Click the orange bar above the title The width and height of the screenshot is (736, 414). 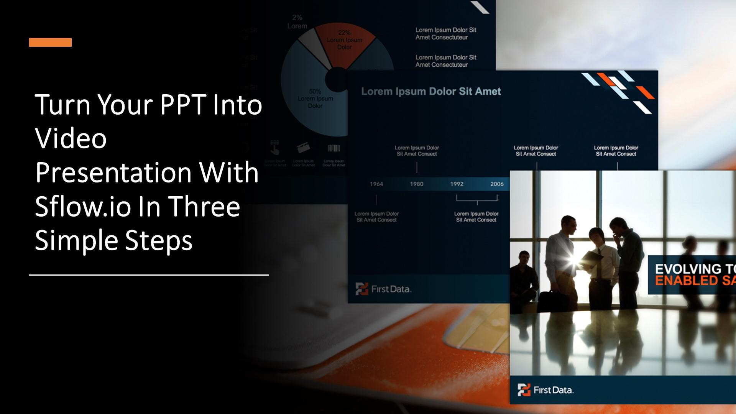[50, 42]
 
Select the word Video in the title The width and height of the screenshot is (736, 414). [71, 138]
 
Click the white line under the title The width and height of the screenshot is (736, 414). [149, 275]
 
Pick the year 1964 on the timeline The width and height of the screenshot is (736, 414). [376, 184]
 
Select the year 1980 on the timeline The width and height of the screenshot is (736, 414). [417, 184]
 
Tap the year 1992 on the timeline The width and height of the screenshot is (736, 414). [457, 184]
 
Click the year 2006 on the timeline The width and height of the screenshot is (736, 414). [497, 184]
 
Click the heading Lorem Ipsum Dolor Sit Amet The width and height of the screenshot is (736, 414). [431, 92]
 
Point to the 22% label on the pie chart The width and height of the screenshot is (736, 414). [344, 33]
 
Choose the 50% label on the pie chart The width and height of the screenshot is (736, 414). [315, 92]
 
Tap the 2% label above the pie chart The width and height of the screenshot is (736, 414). [297, 18]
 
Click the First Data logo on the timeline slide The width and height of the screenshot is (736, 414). [383, 289]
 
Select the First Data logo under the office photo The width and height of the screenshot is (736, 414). [545, 390]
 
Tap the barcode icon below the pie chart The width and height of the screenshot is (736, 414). [334, 148]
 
